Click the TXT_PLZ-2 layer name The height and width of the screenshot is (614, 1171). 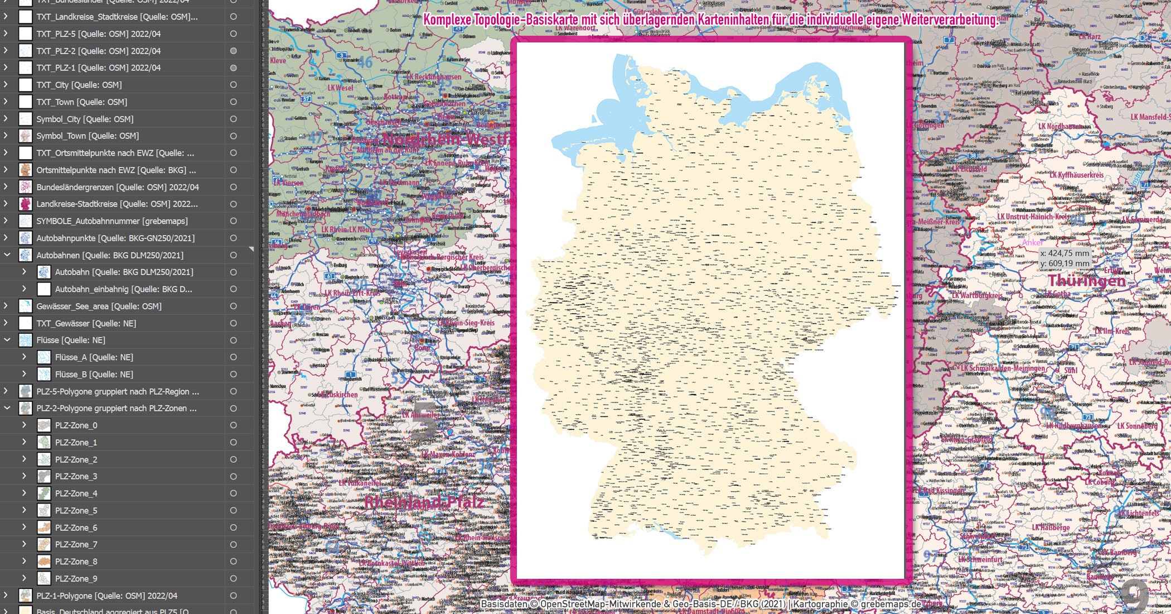point(98,51)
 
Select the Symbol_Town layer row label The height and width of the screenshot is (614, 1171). point(88,136)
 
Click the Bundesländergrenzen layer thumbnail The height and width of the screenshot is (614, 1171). point(26,187)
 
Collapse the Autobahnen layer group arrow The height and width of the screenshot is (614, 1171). point(7,255)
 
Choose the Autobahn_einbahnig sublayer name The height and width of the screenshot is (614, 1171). point(123,289)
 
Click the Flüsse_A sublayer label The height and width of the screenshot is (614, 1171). point(94,357)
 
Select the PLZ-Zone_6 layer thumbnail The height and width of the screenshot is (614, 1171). point(44,527)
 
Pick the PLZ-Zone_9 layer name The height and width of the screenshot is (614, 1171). point(76,579)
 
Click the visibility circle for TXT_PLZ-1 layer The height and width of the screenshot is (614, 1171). point(233,68)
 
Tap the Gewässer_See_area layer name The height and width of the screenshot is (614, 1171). point(99,306)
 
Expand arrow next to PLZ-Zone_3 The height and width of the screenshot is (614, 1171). point(24,476)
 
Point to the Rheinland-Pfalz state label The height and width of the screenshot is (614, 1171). point(424,502)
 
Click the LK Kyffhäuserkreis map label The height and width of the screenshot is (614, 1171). point(1076,175)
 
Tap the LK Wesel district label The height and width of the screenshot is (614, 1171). point(340,88)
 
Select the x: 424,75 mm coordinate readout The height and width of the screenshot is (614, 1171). point(1064,253)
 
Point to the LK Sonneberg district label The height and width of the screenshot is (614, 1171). point(1137,426)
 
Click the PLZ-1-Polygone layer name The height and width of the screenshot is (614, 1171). point(107,596)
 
